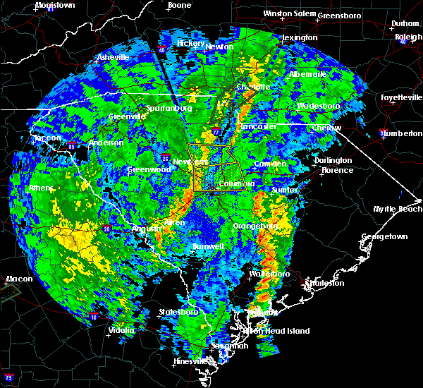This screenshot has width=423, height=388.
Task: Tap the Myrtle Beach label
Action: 400,209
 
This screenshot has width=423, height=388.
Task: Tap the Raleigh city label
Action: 408,36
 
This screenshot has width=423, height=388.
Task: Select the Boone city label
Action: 179,5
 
